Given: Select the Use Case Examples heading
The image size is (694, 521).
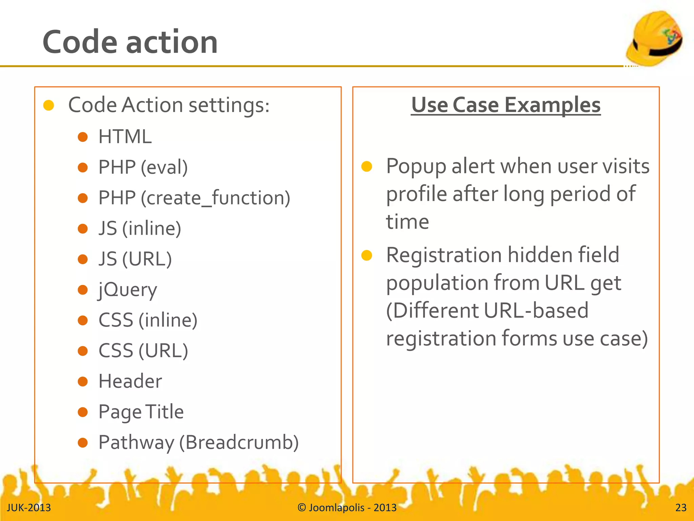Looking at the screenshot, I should pyautogui.click(x=506, y=105).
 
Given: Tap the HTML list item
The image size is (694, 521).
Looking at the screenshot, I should pyautogui.click(x=125, y=137).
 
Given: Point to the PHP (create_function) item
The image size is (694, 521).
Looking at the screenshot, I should pyautogui.click(x=194, y=198).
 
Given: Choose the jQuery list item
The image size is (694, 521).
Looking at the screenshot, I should pyautogui.click(x=128, y=290).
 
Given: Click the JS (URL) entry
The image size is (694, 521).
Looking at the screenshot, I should pyautogui.click(x=135, y=259).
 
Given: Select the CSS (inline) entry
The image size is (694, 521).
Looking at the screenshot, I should pyautogui.click(x=148, y=321).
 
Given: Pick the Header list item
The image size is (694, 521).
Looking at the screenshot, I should pyautogui.click(x=130, y=382).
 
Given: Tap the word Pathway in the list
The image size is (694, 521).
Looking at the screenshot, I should pyautogui.click(x=136, y=443).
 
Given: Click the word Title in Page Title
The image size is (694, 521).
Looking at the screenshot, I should pyautogui.click(x=165, y=412).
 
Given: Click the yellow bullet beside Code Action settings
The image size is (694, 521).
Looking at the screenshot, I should pyautogui.click(x=49, y=105).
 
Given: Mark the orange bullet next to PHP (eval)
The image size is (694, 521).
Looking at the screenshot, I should pyautogui.click(x=83, y=168).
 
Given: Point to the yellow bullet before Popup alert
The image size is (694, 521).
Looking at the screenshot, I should pyautogui.click(x=367, y=167).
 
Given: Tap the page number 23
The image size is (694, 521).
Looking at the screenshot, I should pyautogui.click(x=681, y=508).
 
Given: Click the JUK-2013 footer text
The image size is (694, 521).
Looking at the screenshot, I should pyautogui.click(x=29, y=508).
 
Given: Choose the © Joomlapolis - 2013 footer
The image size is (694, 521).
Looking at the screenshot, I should pyautogui.click(x=347, y=508).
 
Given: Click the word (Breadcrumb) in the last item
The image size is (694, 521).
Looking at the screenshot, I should pyautogui.click(x=239, y=443).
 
